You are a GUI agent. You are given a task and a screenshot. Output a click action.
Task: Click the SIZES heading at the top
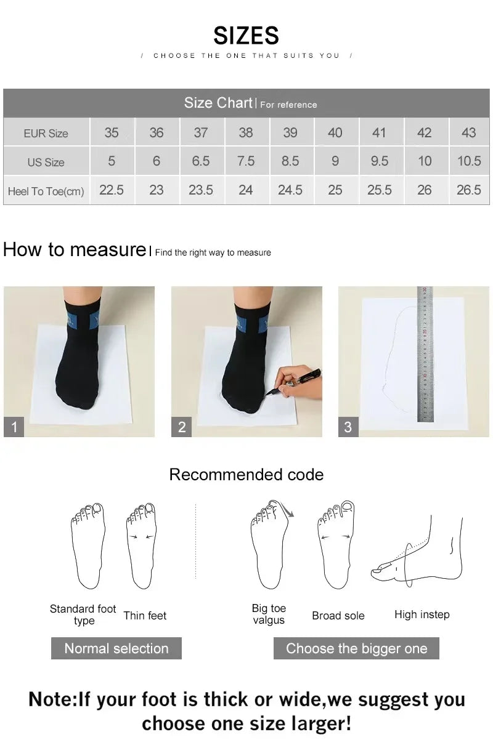click(246, 36)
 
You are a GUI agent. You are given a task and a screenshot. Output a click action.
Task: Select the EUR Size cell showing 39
click(290, 132)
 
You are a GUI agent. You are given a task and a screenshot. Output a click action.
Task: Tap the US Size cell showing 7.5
click(245, 161)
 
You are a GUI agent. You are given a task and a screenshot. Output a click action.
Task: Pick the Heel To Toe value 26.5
click(468, 190)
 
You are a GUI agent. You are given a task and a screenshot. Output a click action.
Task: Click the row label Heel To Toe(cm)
click(46, 191)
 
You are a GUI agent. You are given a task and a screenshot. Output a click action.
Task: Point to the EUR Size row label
click(46, 133)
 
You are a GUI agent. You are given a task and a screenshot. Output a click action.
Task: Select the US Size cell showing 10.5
click(468, 161)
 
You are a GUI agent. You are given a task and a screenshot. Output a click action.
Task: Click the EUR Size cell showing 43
click(468, 132)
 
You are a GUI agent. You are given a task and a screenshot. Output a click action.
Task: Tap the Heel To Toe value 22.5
click(112, 190)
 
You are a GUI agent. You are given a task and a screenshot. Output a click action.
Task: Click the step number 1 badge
click(14, 427)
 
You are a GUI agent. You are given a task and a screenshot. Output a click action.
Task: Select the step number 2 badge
click(181, 427)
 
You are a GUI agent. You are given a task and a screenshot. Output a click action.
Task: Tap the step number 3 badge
click(348, 427)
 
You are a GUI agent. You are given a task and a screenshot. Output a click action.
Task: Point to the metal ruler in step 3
click(425, 354)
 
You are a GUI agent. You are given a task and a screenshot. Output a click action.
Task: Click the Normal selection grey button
click(116, 648)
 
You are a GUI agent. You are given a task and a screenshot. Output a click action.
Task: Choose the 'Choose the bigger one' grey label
click(356, 648)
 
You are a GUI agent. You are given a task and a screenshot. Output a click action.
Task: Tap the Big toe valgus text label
click(269, 614)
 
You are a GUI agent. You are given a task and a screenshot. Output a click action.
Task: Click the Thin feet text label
click(145, 616)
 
